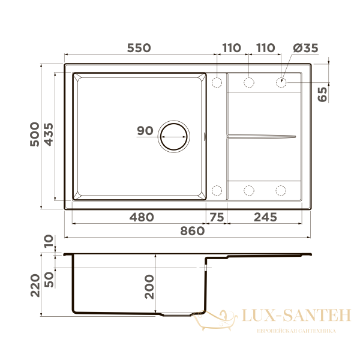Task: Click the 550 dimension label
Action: [139, 48]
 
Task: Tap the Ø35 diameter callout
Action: [305, 48]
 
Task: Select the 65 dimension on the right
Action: [322, 94]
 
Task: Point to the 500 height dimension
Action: [35, 134]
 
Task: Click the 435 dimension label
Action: [49, 134]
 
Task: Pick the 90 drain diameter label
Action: [145, 131]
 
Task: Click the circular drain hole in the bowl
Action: [174, 136]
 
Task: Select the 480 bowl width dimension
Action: [142, 217]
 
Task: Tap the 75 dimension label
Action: [217, 217]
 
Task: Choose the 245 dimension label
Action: [265, 217]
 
